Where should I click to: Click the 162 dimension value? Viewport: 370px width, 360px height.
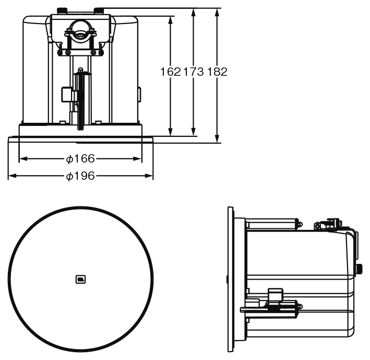coord(170,72)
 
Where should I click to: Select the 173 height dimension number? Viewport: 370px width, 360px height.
coord(193,72)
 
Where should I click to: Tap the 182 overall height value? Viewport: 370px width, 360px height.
coord(217,72)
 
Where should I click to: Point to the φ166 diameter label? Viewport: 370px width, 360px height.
coord(80,158)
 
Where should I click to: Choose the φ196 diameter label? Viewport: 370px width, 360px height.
coord(80,176)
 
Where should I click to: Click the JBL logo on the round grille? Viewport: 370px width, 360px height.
coord(80,279)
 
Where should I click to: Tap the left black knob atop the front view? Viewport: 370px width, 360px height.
coord(63,10)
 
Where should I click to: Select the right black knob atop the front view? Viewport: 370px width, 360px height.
coord(99,10)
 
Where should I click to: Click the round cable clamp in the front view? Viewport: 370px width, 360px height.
coord(80,30)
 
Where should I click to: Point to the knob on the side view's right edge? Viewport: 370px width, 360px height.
coord(360,269)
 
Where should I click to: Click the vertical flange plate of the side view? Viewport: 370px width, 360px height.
coord(231,280)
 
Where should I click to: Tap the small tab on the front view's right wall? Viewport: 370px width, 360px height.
coord(139,94)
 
